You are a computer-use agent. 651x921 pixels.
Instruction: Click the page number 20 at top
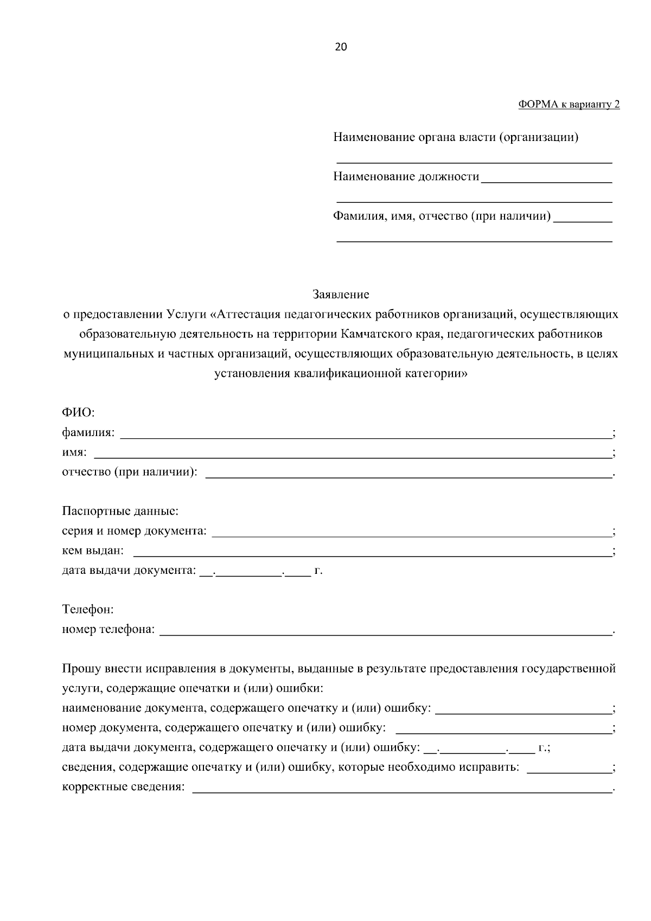341,47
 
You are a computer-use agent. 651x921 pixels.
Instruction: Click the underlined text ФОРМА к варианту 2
569,105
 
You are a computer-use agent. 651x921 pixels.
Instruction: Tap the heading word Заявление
341,295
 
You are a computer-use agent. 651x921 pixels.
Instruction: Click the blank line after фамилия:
365,434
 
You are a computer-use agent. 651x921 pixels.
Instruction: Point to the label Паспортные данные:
120,511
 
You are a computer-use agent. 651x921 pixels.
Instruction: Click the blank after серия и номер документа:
411,533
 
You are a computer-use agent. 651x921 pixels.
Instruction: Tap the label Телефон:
88,609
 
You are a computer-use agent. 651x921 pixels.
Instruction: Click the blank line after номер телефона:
386,631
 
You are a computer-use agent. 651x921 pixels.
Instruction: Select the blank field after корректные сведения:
402,789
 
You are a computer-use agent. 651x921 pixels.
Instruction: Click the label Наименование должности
406,177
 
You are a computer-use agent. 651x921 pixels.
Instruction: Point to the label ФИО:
78,413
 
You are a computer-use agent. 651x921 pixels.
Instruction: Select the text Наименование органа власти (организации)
456,137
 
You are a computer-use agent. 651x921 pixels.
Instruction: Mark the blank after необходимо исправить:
569,769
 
